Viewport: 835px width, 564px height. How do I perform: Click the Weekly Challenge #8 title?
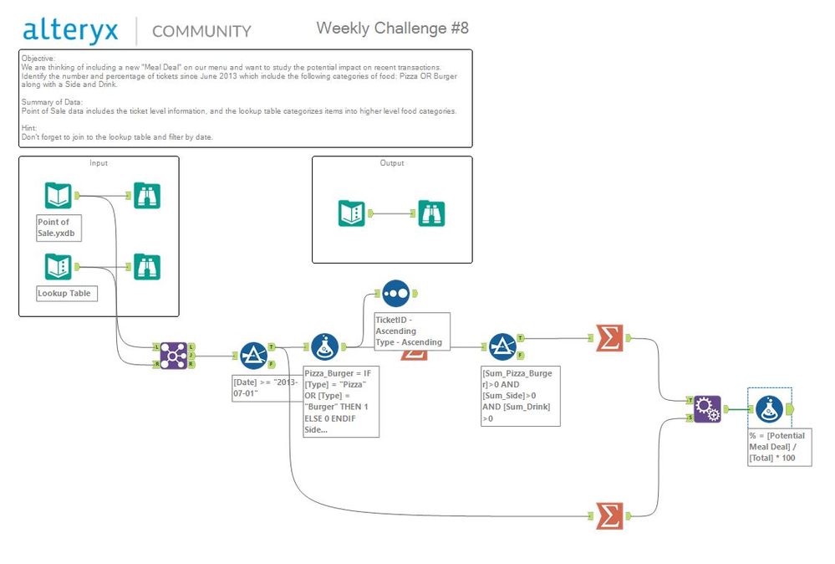(x=392, y=28)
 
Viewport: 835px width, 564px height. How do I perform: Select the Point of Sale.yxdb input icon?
(x=58, y=196)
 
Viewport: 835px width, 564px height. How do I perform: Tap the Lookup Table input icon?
(x=58, y=267)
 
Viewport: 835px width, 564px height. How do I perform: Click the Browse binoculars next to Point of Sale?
(x=146, y=196)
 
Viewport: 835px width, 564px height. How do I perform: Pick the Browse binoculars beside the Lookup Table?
(x=146, y=267)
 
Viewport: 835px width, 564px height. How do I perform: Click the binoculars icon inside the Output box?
(x=431, y=213)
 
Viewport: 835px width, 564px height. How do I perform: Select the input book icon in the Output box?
(x=351, y=213)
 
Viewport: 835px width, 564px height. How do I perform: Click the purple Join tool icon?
(x=174, y=355)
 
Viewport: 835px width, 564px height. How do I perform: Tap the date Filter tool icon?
(x=252, y=355)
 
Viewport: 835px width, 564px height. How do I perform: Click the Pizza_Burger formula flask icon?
(x=324, y=346)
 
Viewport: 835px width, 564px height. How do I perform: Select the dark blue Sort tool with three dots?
(x=395, y=293)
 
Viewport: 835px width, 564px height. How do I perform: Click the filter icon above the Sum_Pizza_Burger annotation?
(x=502, y=346)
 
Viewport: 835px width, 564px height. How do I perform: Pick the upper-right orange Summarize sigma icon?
(x=609, y=337)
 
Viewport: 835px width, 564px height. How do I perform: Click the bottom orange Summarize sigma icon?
(x=609, y=515)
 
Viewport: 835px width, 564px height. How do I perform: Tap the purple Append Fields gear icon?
(x=707, y=408)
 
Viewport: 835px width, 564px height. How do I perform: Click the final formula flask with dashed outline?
(x=769, y=408)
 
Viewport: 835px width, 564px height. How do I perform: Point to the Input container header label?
(x=99, y=163)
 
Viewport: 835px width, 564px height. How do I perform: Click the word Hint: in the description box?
(x=30, y=127)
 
